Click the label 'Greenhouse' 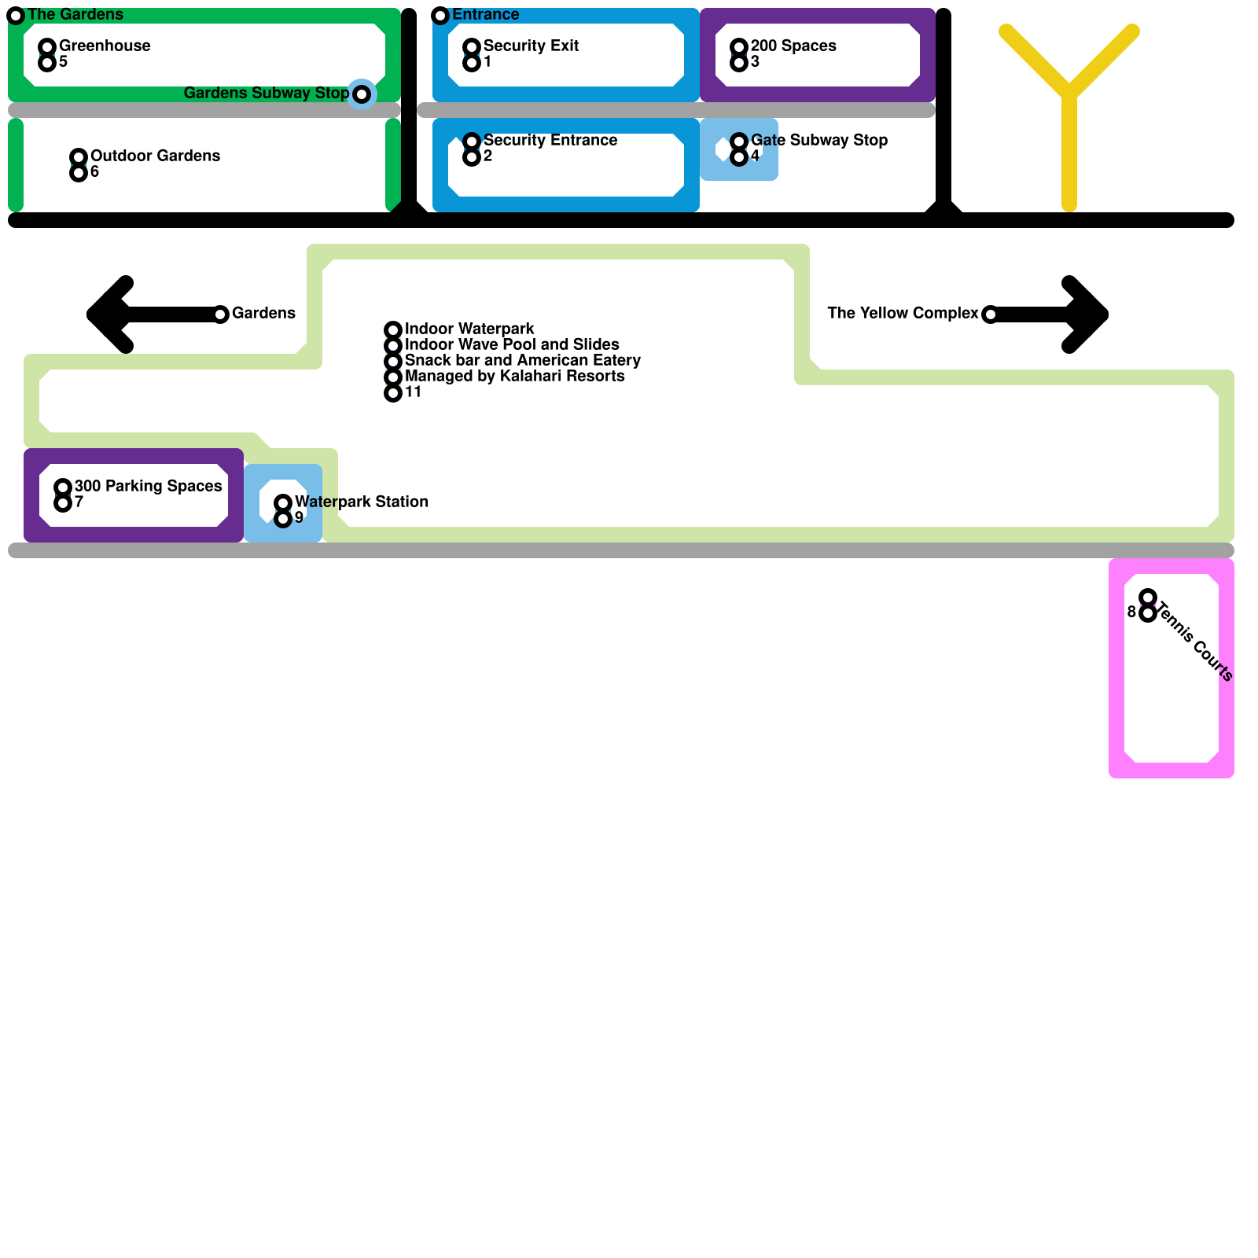point(105,46)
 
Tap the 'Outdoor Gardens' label point(155,156)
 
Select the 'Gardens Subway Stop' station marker point(362,94)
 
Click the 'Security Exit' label point(531,46)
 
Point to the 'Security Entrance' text point(550,140)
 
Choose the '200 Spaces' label point(793,46)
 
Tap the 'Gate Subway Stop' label point(818,140)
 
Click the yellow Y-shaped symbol point(1069,94)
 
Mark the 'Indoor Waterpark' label point(469,329)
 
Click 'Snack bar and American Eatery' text point(522,360)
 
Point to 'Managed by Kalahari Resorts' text point(514,376)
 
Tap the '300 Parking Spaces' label point(148,486)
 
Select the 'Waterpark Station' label point(362,502)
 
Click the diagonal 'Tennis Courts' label point(1195,641)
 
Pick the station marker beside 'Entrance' point(440,16)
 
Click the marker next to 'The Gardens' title point(16,16)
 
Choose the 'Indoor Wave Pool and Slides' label point(512,344)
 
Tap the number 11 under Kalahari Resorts point(413,392)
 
